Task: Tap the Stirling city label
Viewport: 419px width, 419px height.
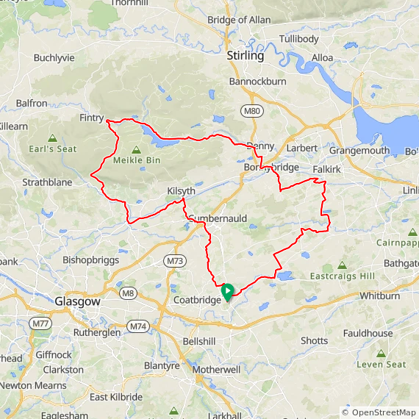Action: (246, 56)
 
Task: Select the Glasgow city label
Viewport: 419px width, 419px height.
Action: (77, 301)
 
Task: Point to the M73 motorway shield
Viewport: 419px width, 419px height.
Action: (174, 261)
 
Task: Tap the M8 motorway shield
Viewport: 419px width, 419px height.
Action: (129, 293)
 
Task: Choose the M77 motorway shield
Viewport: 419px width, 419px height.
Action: (41, 323)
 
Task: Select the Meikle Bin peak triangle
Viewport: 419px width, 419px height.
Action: (135, 149)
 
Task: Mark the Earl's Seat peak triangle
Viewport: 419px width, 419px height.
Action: (52, 137)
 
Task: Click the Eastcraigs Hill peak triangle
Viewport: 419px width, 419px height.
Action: (342, 265)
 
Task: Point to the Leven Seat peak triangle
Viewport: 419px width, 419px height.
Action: (381, 353)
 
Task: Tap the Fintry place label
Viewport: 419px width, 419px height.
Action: (92, 118)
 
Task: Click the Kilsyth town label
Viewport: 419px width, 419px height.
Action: (181, 191)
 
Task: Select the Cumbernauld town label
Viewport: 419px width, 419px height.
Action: (218, 218)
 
